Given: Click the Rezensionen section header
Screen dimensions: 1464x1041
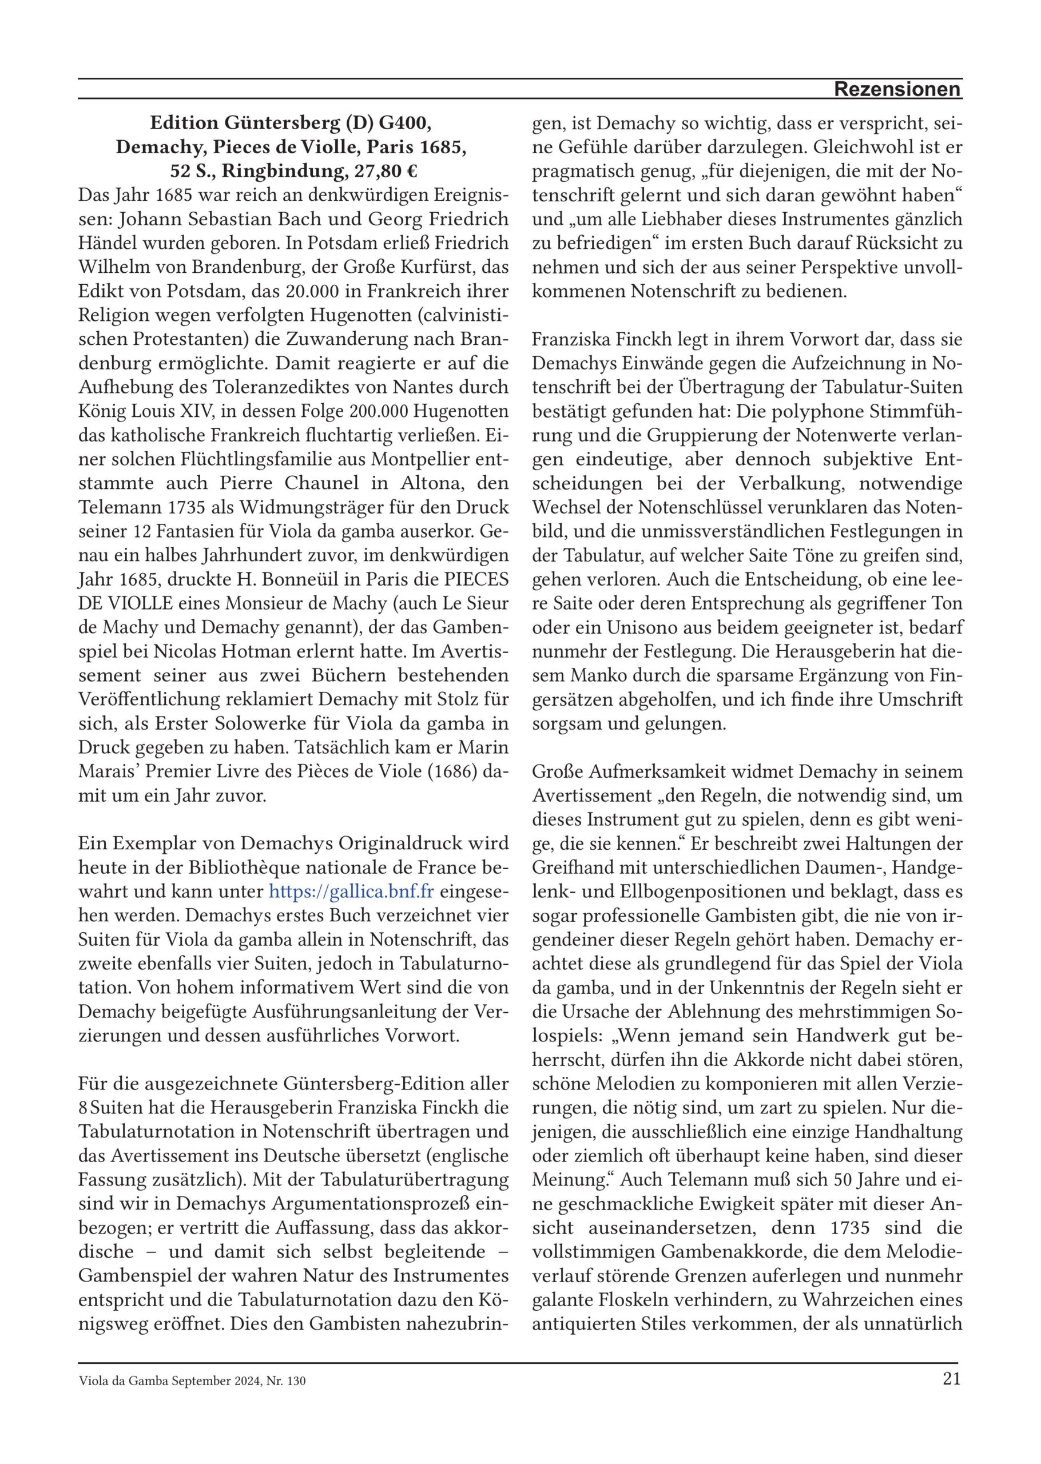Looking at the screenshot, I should point(897,90).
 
